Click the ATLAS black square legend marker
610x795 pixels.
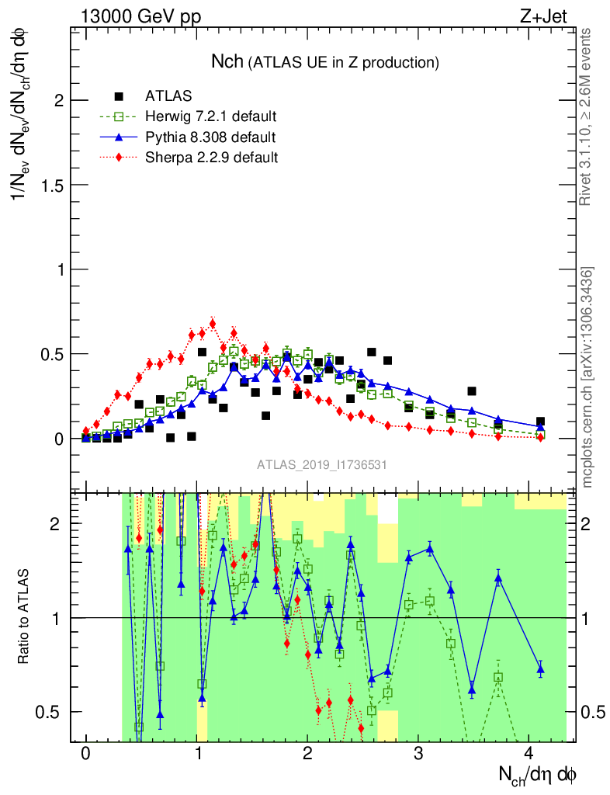[119, 96]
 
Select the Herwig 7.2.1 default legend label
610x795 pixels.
[211, 116]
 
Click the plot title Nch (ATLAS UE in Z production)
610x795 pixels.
[325, 61]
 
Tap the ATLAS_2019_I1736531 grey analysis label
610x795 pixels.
[322, 465]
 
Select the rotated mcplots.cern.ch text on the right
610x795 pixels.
[588, 377]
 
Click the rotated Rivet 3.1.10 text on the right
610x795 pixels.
[588, 116]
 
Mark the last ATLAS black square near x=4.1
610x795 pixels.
[540, 422]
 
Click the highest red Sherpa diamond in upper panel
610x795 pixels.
[213, 322]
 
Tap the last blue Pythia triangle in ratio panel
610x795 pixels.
[540, 668]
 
